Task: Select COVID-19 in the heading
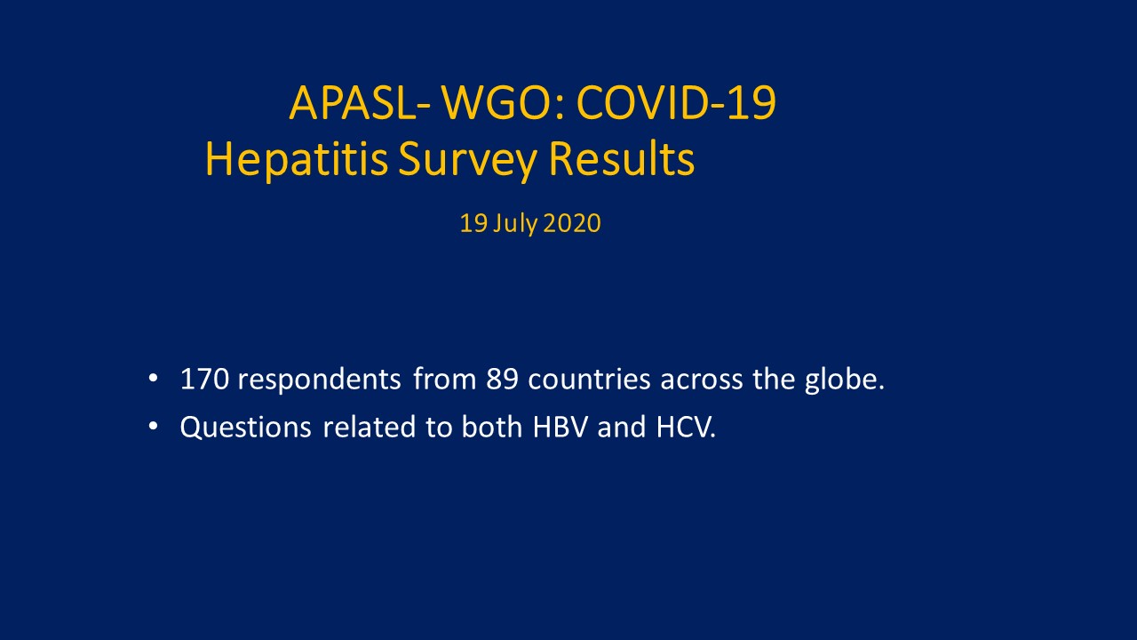[x=676, y=103]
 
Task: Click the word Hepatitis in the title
[x=297, y=159]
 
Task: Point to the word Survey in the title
[x=467, y=159]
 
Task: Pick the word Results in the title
[x=622, y=158]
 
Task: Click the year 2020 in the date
[x=572, y=223]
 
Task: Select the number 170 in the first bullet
[x=204, y=380]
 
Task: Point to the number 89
[x=502, y=380]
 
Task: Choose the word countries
[x=589, y=380]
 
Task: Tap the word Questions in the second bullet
[x=246, y=428]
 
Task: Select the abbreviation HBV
[x=561, y=428]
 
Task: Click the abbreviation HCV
[x=684, y=428]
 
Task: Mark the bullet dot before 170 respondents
[x=153, y=379]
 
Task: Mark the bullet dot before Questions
[x=153, y=427]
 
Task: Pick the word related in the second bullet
[x=370, y=428]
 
